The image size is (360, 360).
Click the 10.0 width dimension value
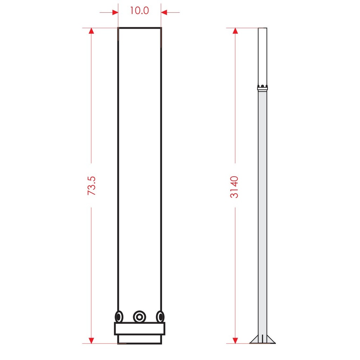click(139, 11)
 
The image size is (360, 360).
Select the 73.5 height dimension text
click(91, 186)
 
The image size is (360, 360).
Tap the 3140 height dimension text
click(234, 187)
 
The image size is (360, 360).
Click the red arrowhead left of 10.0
click(115, 12)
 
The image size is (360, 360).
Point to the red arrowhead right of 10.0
click(164, 12)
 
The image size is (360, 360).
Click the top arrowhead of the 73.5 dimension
click(91, 31)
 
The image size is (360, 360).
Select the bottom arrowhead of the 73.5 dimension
click(91, 341)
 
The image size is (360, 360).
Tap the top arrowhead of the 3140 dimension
click(235, 31)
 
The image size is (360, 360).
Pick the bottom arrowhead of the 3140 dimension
click(235, 341)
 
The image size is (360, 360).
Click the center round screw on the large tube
click(139, 317)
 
